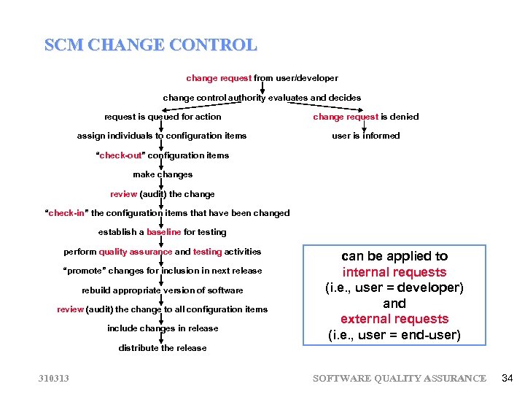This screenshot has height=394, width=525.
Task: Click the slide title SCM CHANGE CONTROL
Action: click(x=150, y=45)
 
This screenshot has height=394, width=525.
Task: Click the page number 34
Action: click(x=507, y=377)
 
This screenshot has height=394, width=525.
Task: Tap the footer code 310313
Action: click(x=54, y=378)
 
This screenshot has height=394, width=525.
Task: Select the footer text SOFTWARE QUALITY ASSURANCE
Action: click(x=399, y=378)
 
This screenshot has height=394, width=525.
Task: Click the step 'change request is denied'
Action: click(x=365, y=117)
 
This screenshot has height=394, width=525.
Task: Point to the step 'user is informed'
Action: click(x=365, y=136)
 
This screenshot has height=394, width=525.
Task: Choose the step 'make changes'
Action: click(x=163, y=174)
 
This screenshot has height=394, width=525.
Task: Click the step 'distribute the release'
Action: click(x=163, y=348)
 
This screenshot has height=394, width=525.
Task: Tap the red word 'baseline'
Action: click(x=163, y=232)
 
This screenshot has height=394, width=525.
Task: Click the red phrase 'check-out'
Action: click(x=121, y=155)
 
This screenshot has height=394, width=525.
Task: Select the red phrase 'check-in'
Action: click(x=67, y=213)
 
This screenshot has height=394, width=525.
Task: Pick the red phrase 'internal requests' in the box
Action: click(x=394, y=272)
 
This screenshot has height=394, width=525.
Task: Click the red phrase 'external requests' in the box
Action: click(x=394, y=319)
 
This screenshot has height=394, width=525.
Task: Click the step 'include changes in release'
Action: click(x=163, y=328)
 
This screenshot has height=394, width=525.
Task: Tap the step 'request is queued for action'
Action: click(x=163, y=117)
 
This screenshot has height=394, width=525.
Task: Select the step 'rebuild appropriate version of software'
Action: click(x=163, y=290)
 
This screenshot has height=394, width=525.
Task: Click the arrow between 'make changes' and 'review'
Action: click(x=162, y=184)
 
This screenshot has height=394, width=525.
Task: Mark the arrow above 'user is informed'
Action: click(x=365, y=126)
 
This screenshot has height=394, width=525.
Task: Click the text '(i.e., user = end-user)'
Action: click(x=394, y=336)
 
